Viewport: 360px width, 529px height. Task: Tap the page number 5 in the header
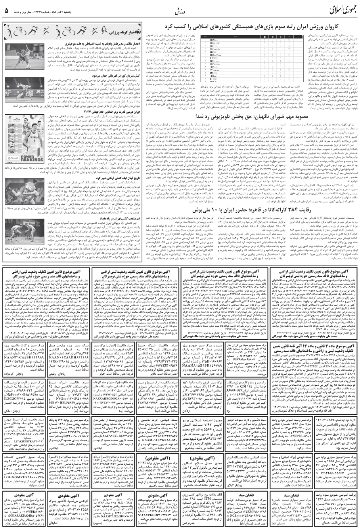(x=6, y=10)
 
